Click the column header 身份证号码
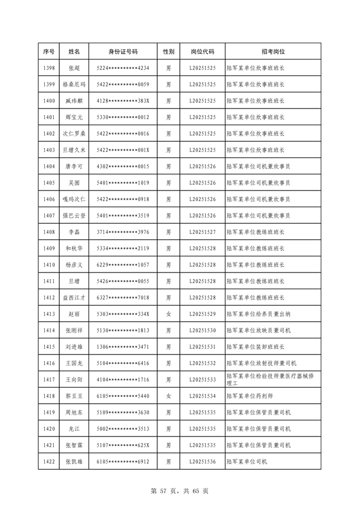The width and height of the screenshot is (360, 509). [x=122, y=52]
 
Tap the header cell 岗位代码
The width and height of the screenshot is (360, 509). [x=202, y=52]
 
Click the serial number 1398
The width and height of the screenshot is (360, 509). [x=49, y=68]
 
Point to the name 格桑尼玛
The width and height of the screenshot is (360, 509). [x=74, y=85]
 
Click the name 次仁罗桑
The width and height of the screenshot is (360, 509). [x=74, y=133]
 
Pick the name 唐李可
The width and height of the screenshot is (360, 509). [x=74, y=166]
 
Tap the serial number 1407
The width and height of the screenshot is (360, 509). [x=49, y=215]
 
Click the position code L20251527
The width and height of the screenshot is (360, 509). [x=202, y=232]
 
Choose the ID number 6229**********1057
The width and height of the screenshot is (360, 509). [x=122, y=265]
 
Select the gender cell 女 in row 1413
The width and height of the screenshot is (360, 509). [x=168, y=314]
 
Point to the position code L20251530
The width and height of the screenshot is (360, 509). [x=202, y=330]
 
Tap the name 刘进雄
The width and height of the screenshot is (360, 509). [x=74, y=347]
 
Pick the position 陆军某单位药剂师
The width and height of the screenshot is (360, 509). [x=250, y=396]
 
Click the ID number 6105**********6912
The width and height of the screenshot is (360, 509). [x=122, y=461]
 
